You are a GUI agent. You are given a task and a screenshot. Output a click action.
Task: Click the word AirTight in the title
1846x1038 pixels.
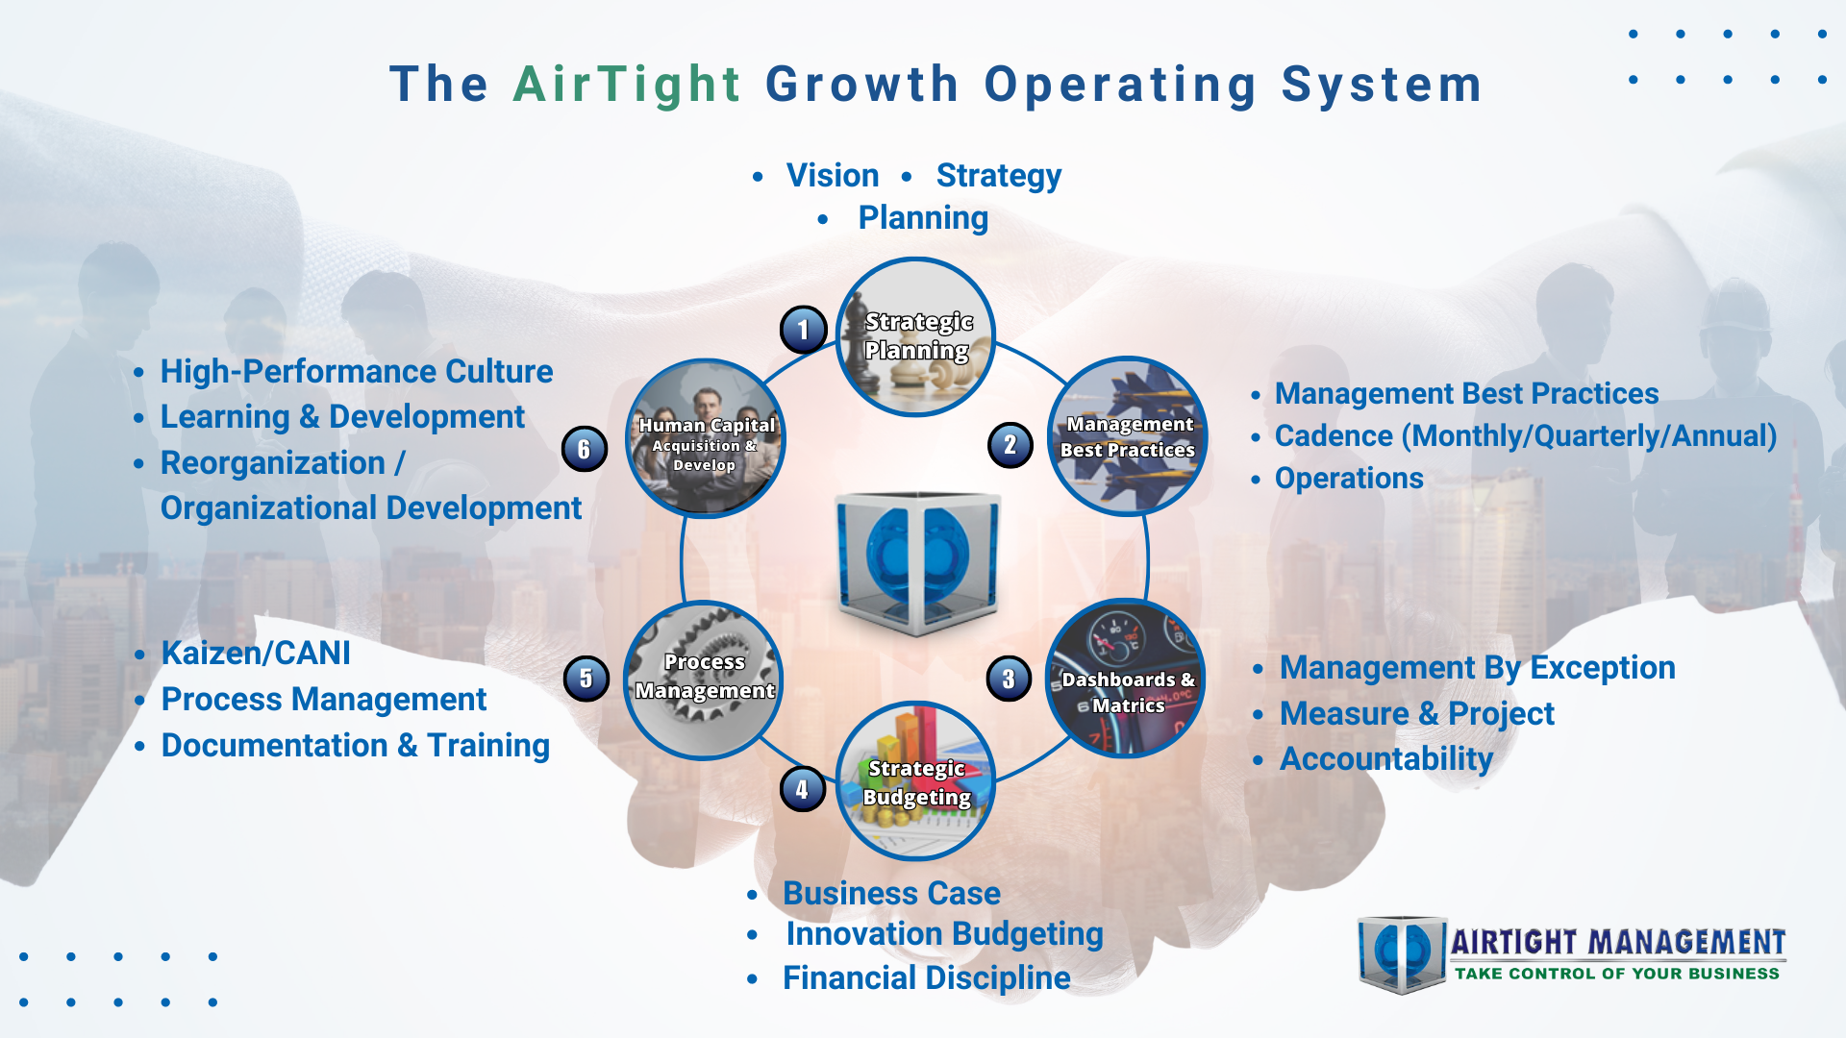coord(627,85)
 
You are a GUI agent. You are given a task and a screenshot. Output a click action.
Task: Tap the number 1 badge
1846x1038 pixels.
coord(803,330)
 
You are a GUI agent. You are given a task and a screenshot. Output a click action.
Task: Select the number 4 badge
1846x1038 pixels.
coord(802,789)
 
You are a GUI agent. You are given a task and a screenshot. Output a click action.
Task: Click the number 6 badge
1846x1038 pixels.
coord(584,449)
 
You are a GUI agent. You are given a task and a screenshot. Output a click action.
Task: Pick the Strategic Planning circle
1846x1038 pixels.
coord(915,336)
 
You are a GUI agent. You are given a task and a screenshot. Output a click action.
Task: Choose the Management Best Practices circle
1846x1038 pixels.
coord(1127,436)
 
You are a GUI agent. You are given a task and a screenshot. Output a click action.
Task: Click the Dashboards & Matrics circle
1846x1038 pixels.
coord(1126,679)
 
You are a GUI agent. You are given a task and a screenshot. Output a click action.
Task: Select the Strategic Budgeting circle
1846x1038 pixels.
coord(915,780)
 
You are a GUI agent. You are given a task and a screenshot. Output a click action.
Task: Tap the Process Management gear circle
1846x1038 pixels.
coord(704,680)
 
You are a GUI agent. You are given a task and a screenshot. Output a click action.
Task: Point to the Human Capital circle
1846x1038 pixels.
coord(706,438)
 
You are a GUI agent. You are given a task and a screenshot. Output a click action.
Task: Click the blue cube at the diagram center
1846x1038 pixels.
coord(917,562)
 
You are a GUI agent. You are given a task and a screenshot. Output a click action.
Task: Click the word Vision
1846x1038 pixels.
coord(833,175)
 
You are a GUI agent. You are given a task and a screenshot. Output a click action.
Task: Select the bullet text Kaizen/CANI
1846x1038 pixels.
coord(256,653)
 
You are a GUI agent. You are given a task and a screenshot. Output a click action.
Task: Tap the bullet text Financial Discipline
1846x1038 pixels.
coord(926,977)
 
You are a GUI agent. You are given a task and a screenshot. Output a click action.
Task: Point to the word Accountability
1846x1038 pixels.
coord(1385,759)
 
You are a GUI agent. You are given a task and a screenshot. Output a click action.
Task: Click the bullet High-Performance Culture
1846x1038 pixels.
coord(356,371)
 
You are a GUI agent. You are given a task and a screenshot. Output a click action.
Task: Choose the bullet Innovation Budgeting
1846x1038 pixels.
coord(944,934)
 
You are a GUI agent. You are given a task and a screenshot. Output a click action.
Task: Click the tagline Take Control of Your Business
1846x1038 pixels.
coord(1617,974)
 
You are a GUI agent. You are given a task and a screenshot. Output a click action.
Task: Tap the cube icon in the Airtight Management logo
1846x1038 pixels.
coord(1402,953)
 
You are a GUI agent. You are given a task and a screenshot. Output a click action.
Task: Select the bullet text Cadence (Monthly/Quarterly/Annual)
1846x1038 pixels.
coord(1526,436)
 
